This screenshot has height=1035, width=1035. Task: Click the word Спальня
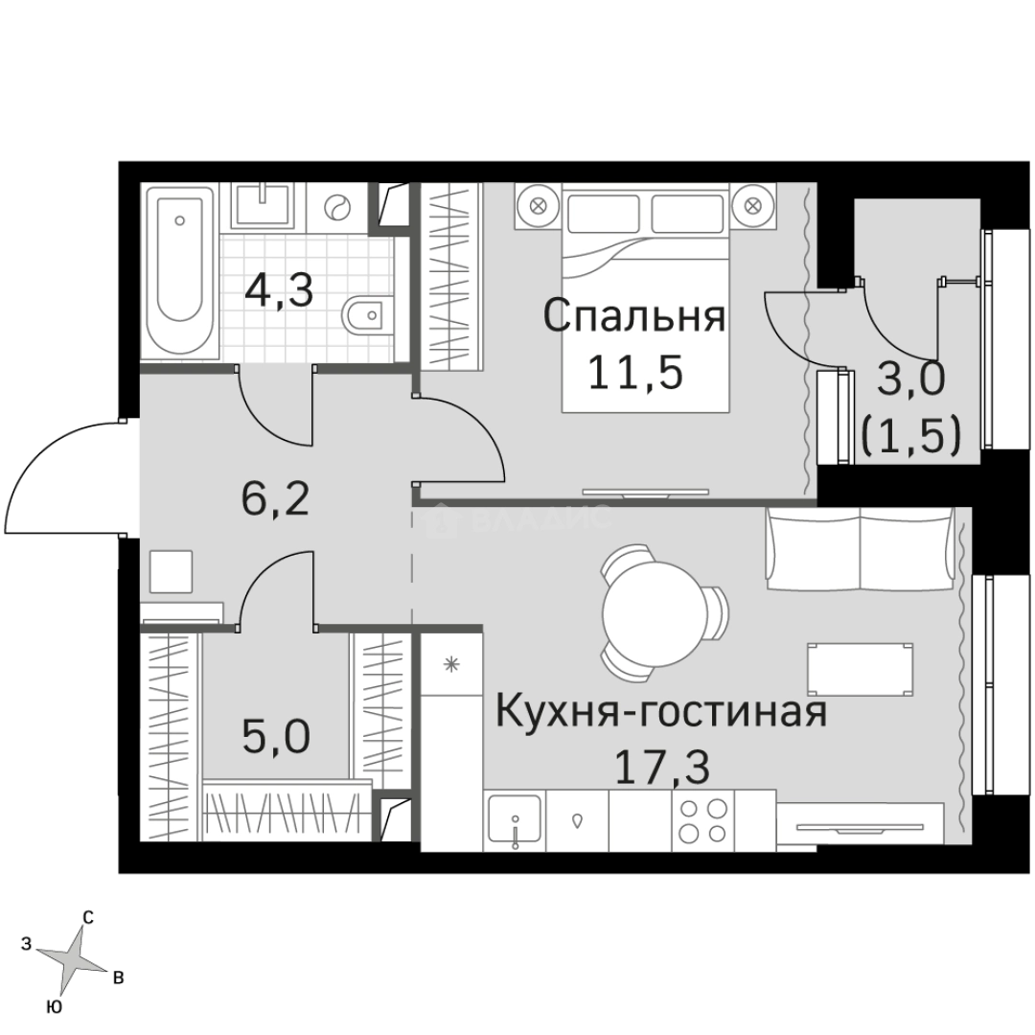[x=633, y=315]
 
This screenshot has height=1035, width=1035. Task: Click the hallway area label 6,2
[x=275, y=499]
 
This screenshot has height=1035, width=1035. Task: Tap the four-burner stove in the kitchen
[x=701, y=820]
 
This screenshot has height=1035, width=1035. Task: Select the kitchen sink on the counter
[x=515, y=821]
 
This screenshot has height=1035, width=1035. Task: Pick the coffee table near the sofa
[x=860, y=669]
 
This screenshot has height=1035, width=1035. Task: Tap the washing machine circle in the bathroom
[x=339, y=207]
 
